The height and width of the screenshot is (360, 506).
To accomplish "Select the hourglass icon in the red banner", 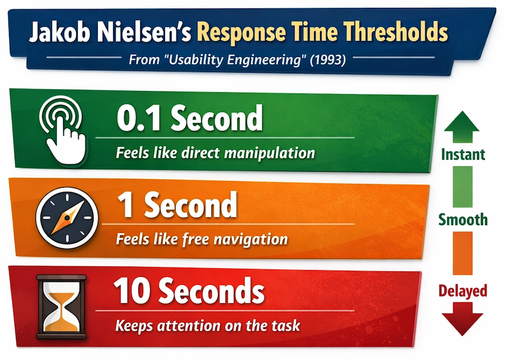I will (61, 306).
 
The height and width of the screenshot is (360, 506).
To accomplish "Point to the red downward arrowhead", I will (463, 321).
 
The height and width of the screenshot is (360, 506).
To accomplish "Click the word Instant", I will (463, 154).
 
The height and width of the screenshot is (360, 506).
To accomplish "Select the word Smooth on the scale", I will (463, 219).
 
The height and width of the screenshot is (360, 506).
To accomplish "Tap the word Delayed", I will (463, 290).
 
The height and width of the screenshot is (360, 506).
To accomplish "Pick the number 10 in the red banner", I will (132, 293).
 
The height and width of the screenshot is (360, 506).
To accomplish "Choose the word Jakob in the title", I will (60, 32).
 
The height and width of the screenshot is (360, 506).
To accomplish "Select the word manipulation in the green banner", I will (268, 152).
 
